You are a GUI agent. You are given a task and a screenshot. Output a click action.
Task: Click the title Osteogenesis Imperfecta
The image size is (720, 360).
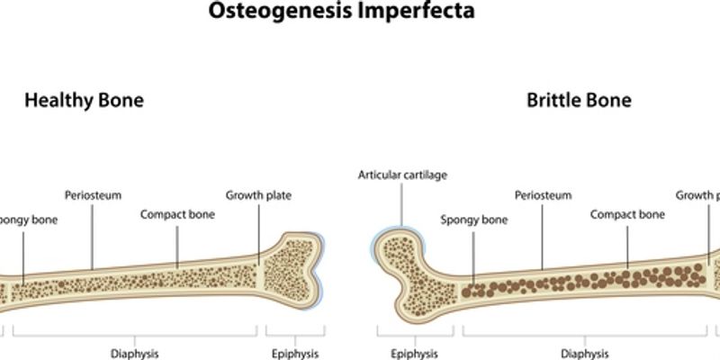(x=360, y=12)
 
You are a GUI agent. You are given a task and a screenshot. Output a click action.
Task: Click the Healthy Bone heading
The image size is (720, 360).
(x=84, y=100)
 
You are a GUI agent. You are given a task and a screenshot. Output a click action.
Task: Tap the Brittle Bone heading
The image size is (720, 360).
(x=579, y=100)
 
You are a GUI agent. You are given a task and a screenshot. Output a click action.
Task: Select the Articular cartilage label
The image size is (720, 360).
(x=402, y=175)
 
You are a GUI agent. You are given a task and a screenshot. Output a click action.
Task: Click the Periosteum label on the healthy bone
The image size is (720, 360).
(x=93, y=194)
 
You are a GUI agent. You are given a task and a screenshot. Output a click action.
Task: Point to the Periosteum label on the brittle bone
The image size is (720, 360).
(x=543, y=194)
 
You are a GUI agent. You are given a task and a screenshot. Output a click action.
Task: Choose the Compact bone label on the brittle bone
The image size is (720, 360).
(x=627, y=214)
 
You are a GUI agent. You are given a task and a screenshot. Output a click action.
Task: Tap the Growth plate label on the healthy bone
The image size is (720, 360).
(x=258, y=194)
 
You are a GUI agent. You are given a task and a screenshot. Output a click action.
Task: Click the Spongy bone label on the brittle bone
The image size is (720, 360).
(x=474, y=219)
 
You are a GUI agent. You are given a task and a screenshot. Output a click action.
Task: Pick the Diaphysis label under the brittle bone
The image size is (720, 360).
(x=584, y=354)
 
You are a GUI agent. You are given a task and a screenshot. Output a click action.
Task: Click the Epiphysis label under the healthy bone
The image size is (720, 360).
(x=294, y=354)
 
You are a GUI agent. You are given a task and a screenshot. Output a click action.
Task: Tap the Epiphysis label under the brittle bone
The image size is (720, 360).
(x=414, y=354)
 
